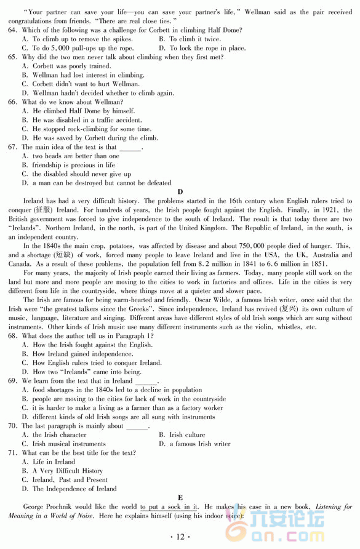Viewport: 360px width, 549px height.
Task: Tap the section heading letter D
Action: coord(180,191)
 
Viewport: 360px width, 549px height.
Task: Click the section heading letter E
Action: coord(180,497)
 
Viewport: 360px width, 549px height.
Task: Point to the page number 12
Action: coord(180,537)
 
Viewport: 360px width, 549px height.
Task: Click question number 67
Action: coord(12,147)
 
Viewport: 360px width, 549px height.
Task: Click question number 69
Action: coord(12,381)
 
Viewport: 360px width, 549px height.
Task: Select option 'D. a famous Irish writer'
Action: coord(194,444)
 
